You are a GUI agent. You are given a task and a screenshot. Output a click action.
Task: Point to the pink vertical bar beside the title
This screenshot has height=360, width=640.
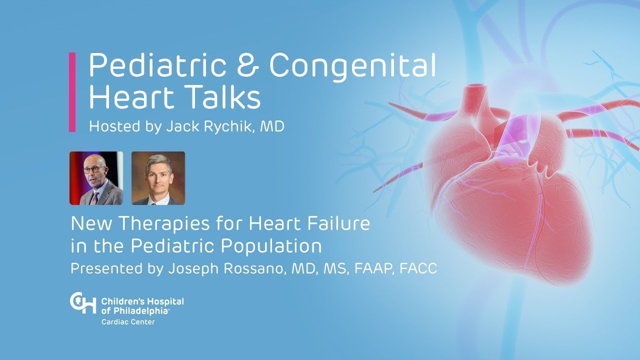[x=72, y=92]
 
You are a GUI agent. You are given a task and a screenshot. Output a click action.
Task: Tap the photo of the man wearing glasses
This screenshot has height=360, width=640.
[x=96, y=178]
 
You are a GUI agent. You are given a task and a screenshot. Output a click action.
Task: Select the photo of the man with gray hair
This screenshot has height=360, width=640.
[x=158, y=178]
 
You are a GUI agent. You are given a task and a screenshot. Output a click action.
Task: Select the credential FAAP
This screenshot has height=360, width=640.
[x=374, y=269]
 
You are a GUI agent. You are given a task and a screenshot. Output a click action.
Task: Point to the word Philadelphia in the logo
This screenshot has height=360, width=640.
[x=139, y=310]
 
